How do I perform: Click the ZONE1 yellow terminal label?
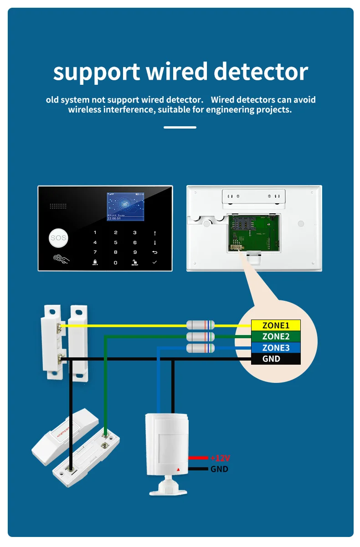(276, 325)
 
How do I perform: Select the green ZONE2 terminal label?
(276, 336)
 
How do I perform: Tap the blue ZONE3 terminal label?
(276, 348)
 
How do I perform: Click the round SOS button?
(58, 237)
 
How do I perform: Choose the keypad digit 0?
(116, 263)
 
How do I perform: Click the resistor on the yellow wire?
(201, 325)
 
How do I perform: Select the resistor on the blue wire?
(201, 348)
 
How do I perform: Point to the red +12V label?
(220, 458)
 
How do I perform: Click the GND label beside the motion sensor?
(219, 469)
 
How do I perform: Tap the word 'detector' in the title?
(261, 72)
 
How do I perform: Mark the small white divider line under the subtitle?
(180, 127)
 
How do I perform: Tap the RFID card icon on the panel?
(61, 259)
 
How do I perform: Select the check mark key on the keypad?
(155, 263)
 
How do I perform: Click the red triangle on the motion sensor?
(178, 469)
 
